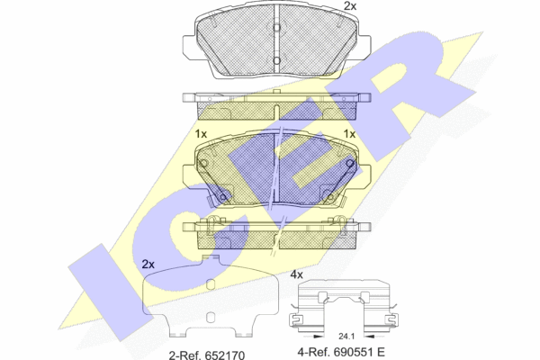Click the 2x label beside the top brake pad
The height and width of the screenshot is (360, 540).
[350, 6]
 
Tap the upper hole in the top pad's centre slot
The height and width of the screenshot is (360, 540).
[276, 28]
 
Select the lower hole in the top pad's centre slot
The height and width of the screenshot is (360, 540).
[276, 61]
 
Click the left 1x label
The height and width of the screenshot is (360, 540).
[201, 134]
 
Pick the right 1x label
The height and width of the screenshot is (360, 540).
[350, 134]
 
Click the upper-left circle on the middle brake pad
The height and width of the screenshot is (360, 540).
[203, 164]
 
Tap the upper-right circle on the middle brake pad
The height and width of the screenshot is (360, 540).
[350, 163]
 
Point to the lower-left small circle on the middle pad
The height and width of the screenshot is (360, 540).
[223, 197]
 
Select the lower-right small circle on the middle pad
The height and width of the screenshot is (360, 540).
[330, 197]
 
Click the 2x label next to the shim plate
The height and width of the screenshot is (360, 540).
[148, 265]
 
